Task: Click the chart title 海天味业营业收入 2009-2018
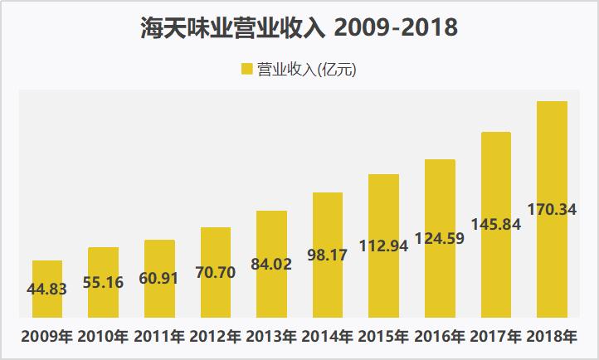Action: pos(299,29)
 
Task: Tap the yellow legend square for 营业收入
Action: pos(246,71)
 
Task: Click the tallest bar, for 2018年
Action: pos(552,208)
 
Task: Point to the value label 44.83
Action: pos(47,289)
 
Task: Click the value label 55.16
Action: pos(104,282)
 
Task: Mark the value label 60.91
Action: pos(159,278)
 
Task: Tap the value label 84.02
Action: pos(272,265)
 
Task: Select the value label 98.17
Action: pos(328,256)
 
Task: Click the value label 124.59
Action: pos(440,239)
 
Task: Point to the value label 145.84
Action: pos(495,224)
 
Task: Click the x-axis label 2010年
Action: pos(104,338)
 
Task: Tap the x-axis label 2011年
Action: pos(159,338)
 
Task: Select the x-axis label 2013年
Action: pos(272,338)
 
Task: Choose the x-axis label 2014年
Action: pos(328,338)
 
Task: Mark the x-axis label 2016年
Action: pos(440,338)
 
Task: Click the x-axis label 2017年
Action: pos(495,338)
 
